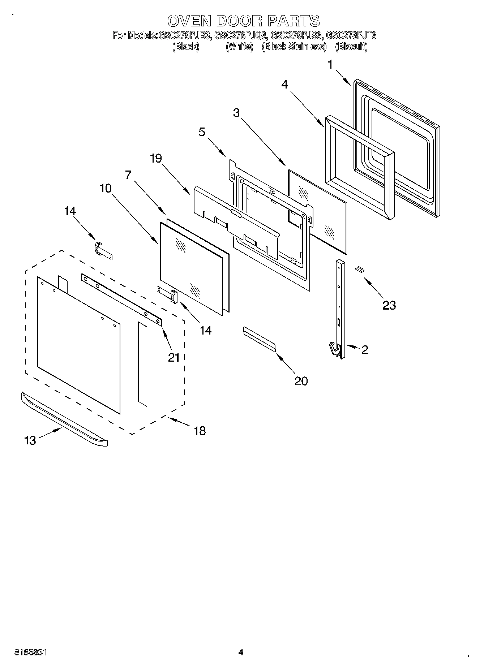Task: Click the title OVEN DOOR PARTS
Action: [244, 21]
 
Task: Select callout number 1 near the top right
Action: [330, 65]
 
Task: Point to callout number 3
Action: [236, 113]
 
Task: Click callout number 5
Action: [202, 132]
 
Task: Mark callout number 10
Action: [106, 188]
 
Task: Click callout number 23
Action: [389, 305]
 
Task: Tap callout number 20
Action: [301, 381]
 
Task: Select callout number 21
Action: [174, 357]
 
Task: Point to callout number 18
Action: [200, 430]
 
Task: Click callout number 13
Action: [30, 440]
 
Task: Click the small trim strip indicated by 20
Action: [259, 339]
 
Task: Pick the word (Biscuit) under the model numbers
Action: [351, 47]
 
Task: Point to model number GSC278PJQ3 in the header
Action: [240, 35]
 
